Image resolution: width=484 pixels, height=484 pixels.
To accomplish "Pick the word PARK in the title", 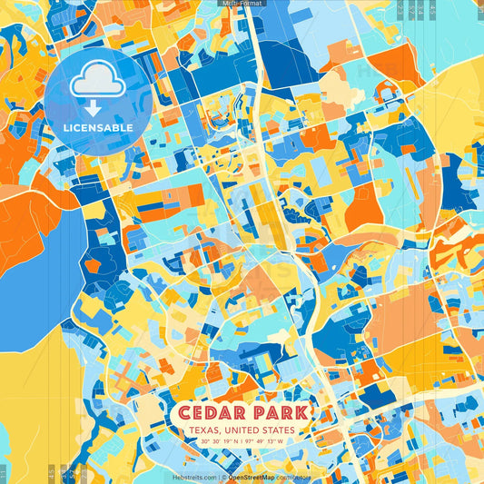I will pos(277,413).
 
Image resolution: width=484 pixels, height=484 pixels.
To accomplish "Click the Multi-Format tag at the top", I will pos(242,4).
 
